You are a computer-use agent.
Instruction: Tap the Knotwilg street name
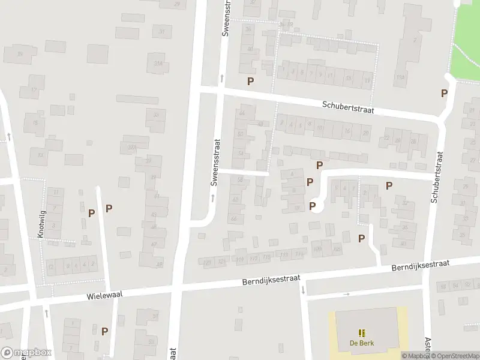pos(41,224)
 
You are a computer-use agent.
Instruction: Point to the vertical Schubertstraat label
pos(437,177)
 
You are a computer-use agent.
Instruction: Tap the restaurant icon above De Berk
pos(361,333)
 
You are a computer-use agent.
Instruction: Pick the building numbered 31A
pos(158,63)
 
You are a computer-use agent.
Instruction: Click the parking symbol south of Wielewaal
pos(105,331)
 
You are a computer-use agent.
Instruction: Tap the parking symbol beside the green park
pos(445,93)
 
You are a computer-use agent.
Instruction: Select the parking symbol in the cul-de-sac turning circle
pos(313,206)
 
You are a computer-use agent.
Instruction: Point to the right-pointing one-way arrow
pos(346,294)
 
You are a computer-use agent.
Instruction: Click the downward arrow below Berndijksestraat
pos(303,290)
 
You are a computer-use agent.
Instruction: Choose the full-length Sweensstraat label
pos(215,170)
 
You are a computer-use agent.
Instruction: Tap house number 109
pos(317,248)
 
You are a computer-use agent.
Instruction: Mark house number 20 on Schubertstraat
pos(365,133)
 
